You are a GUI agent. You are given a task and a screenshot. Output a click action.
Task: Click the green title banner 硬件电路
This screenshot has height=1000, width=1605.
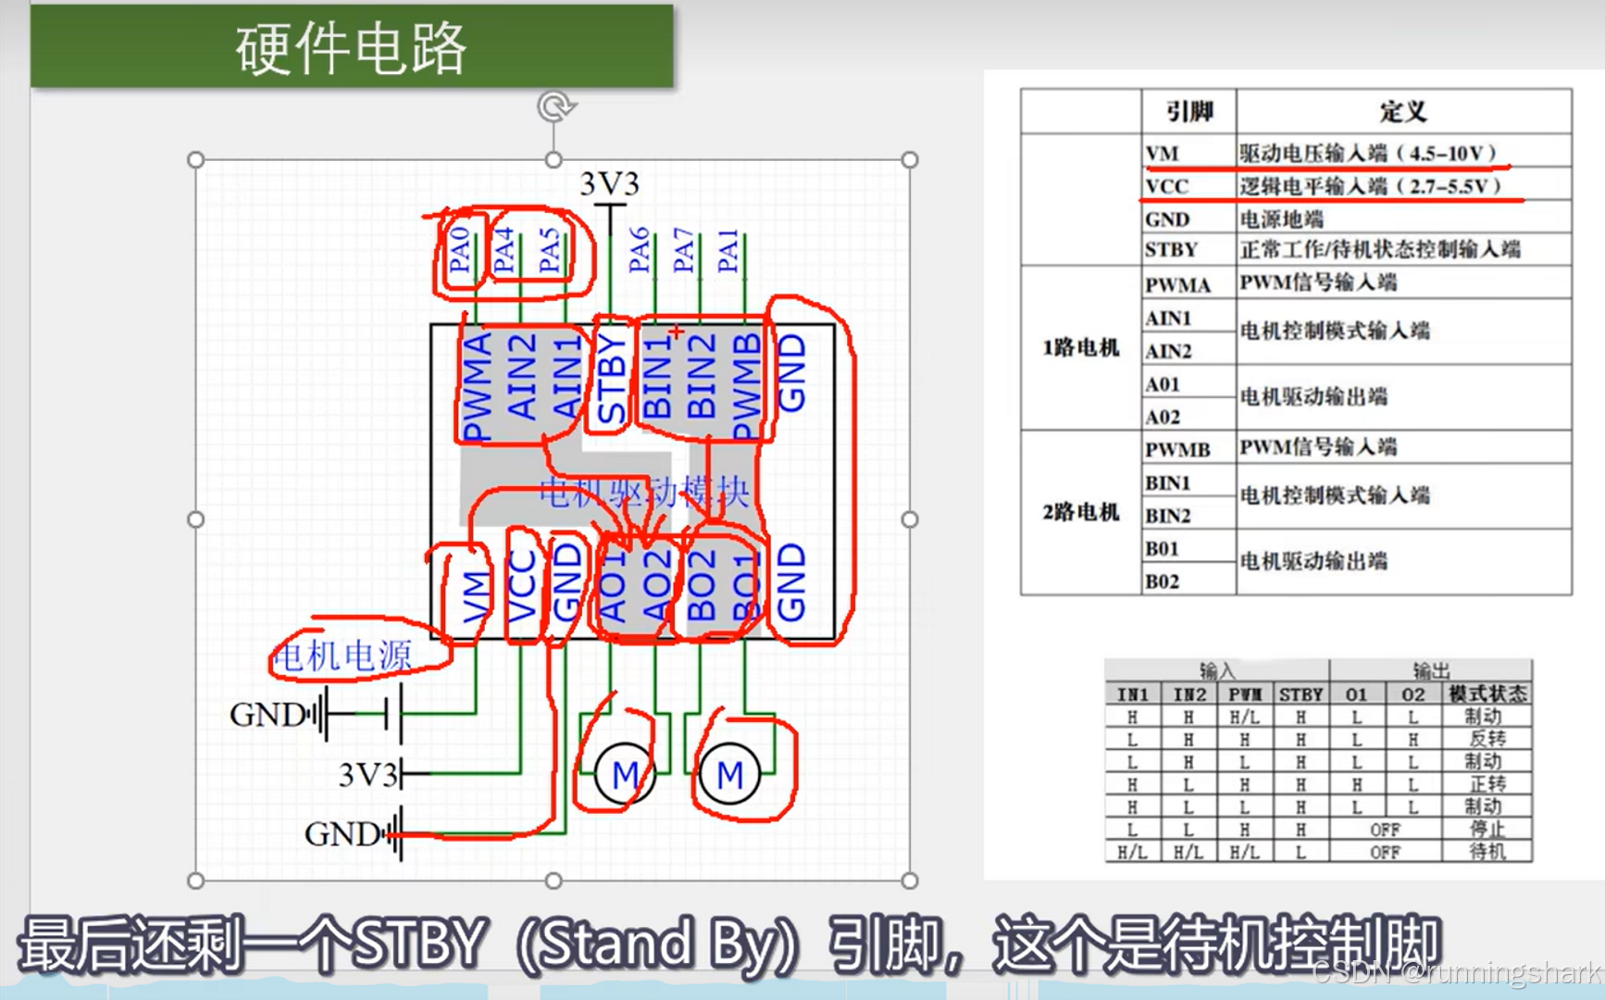click(352, 47)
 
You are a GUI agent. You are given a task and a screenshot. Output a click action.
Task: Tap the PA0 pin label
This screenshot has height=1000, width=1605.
click(459, 249)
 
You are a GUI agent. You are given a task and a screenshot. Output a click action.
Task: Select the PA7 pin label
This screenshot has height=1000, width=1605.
click(683, 250)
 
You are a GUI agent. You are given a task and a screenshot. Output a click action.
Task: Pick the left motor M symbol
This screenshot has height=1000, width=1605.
click(625, 774)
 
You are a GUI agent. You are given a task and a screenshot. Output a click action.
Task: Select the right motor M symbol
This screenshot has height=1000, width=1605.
click(729, 774)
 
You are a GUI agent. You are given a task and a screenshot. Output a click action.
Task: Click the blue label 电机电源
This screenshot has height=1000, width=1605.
click(342, 656)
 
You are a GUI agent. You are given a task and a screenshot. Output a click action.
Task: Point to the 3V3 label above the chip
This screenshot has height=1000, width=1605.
click(609, 184)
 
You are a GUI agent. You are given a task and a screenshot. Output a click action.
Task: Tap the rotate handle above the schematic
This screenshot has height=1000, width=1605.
click(554, 106)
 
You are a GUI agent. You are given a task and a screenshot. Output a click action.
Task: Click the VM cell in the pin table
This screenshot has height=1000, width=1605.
click(1162, 153)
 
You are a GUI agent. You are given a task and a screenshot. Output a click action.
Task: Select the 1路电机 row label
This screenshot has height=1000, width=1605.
click(1081, 347)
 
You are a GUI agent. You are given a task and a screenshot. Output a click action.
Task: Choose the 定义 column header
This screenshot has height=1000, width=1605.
click(1402, 112)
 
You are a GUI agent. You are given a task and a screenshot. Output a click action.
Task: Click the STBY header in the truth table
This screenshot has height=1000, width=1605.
click(1300, 694)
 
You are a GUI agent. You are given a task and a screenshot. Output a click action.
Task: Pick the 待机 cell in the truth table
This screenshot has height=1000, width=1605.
click(1487, 851)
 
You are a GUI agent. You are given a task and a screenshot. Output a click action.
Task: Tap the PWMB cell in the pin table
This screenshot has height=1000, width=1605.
click(1177, 449)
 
